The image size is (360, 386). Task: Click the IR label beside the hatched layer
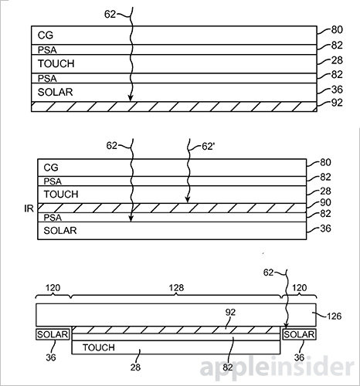29,208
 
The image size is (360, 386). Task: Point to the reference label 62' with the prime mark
209,147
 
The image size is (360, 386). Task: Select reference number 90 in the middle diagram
325,202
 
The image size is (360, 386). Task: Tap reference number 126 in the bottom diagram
335,316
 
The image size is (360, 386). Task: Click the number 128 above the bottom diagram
176,287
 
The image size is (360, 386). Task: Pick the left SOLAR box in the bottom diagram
53,334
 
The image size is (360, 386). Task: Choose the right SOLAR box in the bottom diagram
299,334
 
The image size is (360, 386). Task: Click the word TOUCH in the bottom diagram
99,347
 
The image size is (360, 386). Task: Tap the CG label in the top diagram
46,36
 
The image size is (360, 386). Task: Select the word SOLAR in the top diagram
56,92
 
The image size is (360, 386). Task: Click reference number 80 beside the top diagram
337,30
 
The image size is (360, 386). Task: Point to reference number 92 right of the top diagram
337,103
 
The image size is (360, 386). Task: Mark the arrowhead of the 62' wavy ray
188,200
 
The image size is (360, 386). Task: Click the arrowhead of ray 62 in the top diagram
131,98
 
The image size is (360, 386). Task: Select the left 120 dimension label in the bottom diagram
53,287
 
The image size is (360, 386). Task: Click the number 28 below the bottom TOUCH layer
135,367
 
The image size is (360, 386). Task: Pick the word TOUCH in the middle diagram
61,195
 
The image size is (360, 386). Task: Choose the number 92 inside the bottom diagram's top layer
230,312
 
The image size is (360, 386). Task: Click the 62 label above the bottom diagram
268,273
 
